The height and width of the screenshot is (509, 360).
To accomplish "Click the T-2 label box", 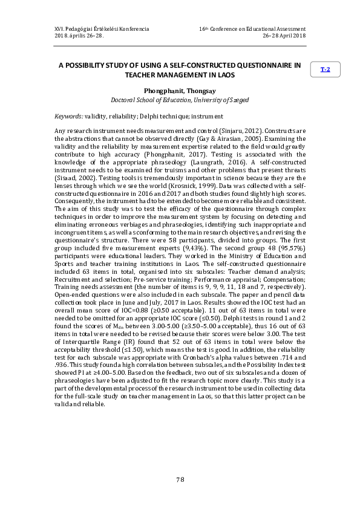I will click(325, 70).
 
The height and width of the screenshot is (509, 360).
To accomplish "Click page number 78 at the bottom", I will click(180, 479).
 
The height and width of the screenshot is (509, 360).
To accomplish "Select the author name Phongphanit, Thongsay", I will click(180, 89).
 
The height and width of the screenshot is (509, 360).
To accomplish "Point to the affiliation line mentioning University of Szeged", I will click(180, 100).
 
